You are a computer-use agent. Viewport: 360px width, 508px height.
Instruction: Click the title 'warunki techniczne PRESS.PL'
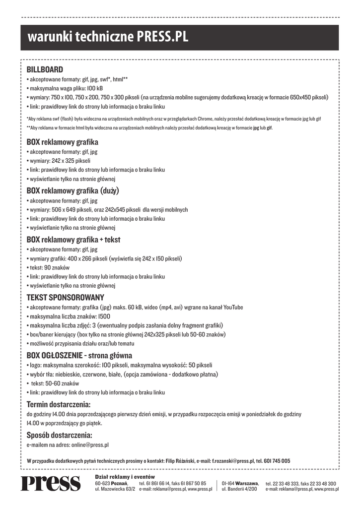pyautogui.click(x=108, y=37)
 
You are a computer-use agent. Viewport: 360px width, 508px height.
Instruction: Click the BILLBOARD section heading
pyautogui.click(x=45, y=69)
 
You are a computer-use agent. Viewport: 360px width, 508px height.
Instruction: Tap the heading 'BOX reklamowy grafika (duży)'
pyautogui.click(x=72, y=190)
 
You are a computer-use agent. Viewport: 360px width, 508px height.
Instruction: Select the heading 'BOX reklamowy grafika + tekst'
pyautogui.click(x=73, y=240)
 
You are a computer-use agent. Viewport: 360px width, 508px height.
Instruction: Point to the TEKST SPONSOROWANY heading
pyautogui.click(x=65, y=297)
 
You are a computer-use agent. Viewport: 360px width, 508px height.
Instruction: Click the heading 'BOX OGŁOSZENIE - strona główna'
pyautogui.click(x=79, y=355)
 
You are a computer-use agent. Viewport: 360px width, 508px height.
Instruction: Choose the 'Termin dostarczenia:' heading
pyautogui.click(x=58, y=404)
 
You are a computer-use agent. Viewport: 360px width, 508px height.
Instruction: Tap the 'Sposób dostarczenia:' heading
pyautogui.click(x=59, y=435)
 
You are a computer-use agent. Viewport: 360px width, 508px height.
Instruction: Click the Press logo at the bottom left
pyautogui.click(x=50, y=483)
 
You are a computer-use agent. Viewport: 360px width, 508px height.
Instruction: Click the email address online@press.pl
pyautogui.click(x=90, y=445)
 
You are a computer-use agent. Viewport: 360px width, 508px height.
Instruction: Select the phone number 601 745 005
pyautogui.click(x=277, y=461)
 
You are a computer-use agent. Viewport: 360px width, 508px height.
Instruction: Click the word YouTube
pyautogui.click(x=233, y=308)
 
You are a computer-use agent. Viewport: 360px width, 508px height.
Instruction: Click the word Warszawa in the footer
pyautogui.click(x=246, y=483)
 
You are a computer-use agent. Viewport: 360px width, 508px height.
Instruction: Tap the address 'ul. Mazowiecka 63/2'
pyautogui.click(x=115, y=489)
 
